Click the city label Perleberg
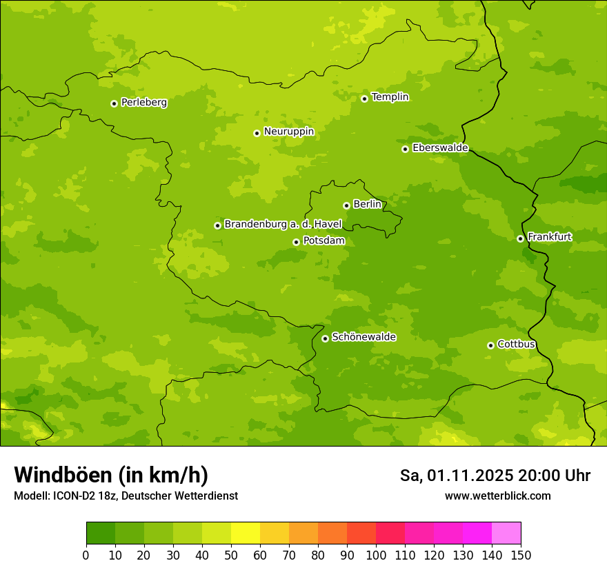pos(143,103)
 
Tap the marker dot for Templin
pos(364,99)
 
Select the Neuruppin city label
pos(288,132)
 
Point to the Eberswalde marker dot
pos(405,149)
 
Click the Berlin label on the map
pos(367,205)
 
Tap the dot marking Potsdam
pos(296,242)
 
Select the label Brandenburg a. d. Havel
pos(283,225)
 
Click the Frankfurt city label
pos(549,237)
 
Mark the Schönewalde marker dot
pos(325,338)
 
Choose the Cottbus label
pos(516,345)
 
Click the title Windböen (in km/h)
pos(111,475)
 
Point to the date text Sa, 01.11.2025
pos(456,476)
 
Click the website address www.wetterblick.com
pos(497,496)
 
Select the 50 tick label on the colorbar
pos(231,555)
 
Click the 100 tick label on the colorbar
pos(376,555)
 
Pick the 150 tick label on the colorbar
pos(521,555)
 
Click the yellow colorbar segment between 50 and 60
pos(246,533)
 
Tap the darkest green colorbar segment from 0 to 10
pos(101,533)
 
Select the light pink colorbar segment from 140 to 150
pos(506,533)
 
